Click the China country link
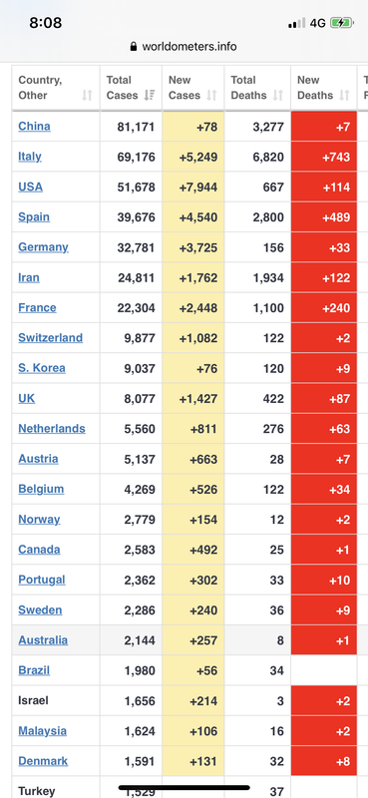[34, 127]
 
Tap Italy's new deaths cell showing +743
[324, 157]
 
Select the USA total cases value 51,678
[136, 187]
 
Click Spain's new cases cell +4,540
[192, 217]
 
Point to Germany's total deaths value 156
[273, 247]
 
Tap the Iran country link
[29, 277]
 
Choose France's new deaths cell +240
[324, 308]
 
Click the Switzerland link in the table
[51, 338]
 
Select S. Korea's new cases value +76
[206, 368]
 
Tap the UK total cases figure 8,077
[140, 398]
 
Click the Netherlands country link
[52, 429]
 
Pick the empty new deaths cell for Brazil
[324, 670]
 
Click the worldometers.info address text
[189, 47]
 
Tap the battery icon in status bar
[341, 23]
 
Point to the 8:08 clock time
[45, 23]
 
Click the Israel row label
[33, 701]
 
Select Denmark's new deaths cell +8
[324, 761]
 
